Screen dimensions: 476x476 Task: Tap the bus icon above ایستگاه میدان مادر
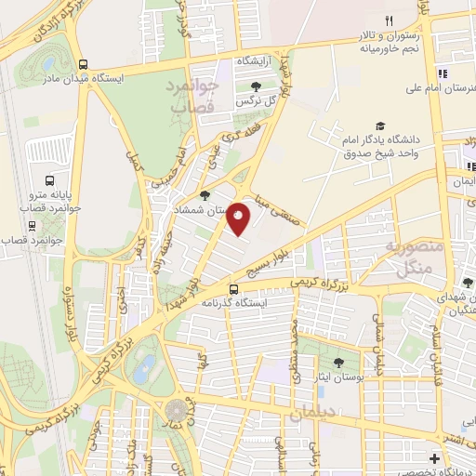pos(85,65)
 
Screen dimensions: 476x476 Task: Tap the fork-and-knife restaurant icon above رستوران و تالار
pos(390,20)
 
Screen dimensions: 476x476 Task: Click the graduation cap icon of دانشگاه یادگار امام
pos(379,126)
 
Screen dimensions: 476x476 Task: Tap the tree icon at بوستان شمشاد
pos(204,195)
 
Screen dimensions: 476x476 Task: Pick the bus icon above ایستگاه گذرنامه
pos(235,288)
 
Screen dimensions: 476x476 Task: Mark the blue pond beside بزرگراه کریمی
pos(143,368)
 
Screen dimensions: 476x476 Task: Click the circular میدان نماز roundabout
pos(175,410)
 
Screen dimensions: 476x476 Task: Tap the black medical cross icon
pos(434,458)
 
